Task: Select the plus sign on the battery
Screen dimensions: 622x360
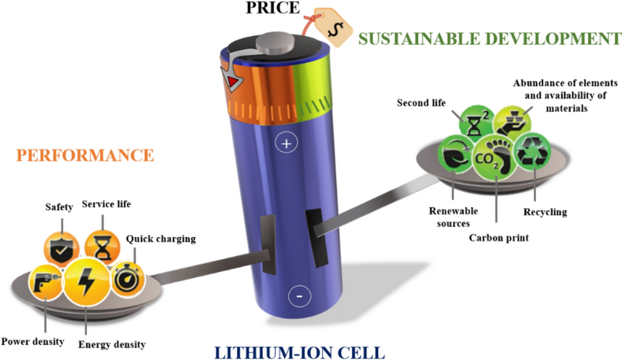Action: click(286, 144)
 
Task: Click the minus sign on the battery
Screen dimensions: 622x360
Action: click(299, 296)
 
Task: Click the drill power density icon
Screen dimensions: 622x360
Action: click(47, 284)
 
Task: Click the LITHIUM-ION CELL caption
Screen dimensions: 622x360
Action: click(299, 352)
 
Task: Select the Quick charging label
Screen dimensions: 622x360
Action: click(160, 239)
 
